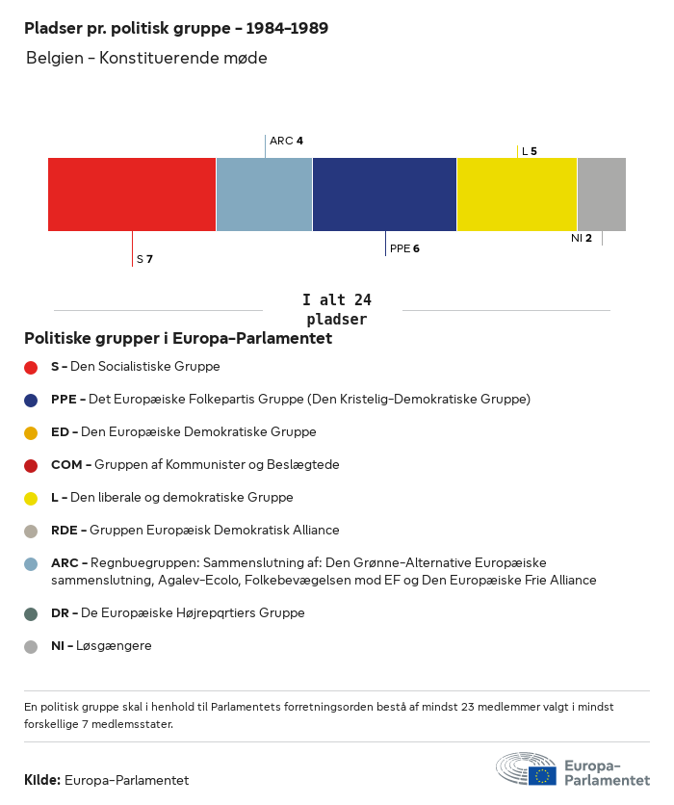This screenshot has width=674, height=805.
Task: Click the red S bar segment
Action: tap(132, 195)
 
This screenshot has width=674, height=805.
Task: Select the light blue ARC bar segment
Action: tap(264, 195)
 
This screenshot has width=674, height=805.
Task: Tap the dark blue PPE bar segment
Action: tap(384, 195)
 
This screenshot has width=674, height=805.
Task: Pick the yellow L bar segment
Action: tap(517, 195)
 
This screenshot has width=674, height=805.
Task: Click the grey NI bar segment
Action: tap(602, 195)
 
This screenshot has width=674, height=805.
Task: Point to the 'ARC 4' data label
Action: tap(286, 141)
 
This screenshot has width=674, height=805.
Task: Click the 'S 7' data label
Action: tap(144, 259)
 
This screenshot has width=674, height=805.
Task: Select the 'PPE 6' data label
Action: tap(404, 248)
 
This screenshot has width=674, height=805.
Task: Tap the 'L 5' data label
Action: tap(529, 151)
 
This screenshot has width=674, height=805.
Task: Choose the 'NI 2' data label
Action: tap(582, 238)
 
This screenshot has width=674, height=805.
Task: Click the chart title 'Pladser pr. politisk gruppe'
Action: tap(176, 28)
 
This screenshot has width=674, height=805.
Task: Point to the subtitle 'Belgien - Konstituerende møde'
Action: tap(146, 58)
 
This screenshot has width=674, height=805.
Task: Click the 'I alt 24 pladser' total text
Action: tap(336, 310)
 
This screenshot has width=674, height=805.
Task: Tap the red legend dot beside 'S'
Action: tap(31, 367)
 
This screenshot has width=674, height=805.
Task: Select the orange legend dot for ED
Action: tap(31, 432)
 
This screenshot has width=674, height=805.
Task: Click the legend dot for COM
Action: tap(31, 465)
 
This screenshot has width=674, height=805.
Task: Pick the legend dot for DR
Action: tap(31, 613)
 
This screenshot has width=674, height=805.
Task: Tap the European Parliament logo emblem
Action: tap(526, 768)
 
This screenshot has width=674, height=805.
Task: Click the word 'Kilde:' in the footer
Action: tap(42, 780)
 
